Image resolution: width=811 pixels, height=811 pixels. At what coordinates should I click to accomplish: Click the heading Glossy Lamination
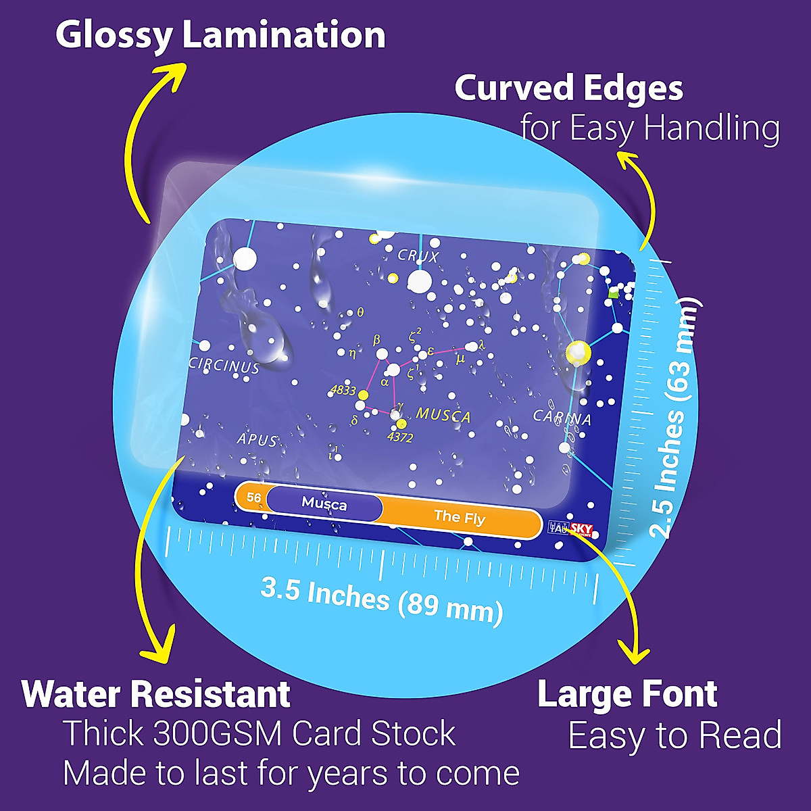pos(220,36)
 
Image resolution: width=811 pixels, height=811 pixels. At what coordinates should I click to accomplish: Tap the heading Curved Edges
pos(568,89)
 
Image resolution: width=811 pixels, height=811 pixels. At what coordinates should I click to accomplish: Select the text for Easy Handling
pos(649,128)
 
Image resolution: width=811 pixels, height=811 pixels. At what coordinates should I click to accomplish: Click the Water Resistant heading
pos(156,694)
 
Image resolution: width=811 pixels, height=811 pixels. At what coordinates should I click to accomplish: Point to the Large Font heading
pos(626,694)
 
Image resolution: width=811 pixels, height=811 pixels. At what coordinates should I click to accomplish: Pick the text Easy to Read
pos(674,735)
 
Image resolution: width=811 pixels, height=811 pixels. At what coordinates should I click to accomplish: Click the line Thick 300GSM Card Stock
pos(260,734)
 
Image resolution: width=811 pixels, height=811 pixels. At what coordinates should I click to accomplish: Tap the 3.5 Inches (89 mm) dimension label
pos(382,599)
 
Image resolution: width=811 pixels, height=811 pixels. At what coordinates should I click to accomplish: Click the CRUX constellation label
pos(418,256)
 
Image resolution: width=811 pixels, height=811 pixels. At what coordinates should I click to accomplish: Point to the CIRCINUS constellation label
pos(224,366)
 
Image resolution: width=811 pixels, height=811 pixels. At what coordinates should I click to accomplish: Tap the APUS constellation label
pos(257,440)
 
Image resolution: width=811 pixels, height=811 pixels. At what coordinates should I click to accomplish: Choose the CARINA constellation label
pos(562,418)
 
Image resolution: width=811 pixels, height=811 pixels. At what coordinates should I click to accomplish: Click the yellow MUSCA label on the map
pos(443,415)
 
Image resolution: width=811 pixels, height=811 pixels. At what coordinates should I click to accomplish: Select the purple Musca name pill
pos(324,503)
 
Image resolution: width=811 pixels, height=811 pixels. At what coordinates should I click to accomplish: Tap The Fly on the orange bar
pos(460,518)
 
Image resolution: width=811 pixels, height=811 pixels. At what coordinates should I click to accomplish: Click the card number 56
pos(253,498)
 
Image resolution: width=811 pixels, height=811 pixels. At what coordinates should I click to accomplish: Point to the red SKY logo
pos(581,529)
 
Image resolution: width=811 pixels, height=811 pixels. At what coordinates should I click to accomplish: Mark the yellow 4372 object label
pos(400,437)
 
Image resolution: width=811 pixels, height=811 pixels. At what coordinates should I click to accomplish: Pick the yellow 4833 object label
pos(343,390)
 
